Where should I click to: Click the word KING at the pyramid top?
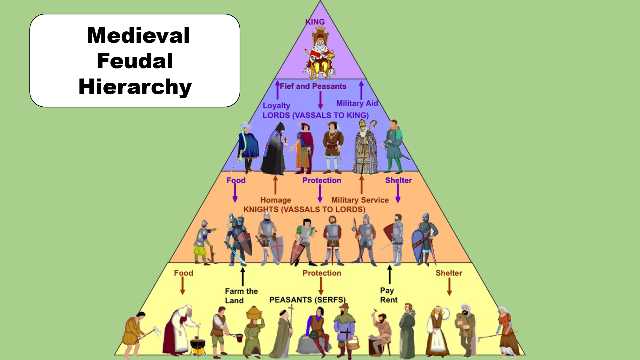click(315, 22)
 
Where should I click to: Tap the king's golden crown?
click(320, 29)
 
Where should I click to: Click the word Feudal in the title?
click(135, 61)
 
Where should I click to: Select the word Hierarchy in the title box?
click(135, 87)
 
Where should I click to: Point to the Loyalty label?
click(276, 105)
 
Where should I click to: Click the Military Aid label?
click(357, 103)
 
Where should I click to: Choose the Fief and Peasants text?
click(313, 86)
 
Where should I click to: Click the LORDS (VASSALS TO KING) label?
click(316, 115)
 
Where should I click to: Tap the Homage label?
click(276, 200)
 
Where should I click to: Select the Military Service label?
click(360, 200)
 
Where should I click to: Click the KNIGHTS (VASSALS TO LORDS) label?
click(304, 209)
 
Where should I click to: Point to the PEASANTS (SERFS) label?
click(307, 300)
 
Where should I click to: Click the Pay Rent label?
click(388, 295)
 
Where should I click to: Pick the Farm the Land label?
click(241, 296)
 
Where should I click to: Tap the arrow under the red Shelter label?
click(449, 287)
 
